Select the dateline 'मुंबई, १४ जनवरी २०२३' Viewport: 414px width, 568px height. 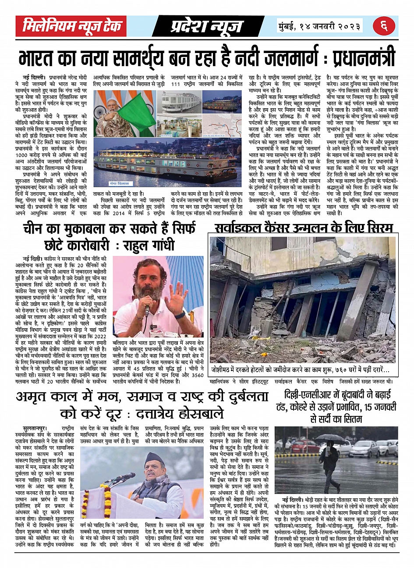(320, 26)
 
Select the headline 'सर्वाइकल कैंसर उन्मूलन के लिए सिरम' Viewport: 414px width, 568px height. (304, 228)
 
